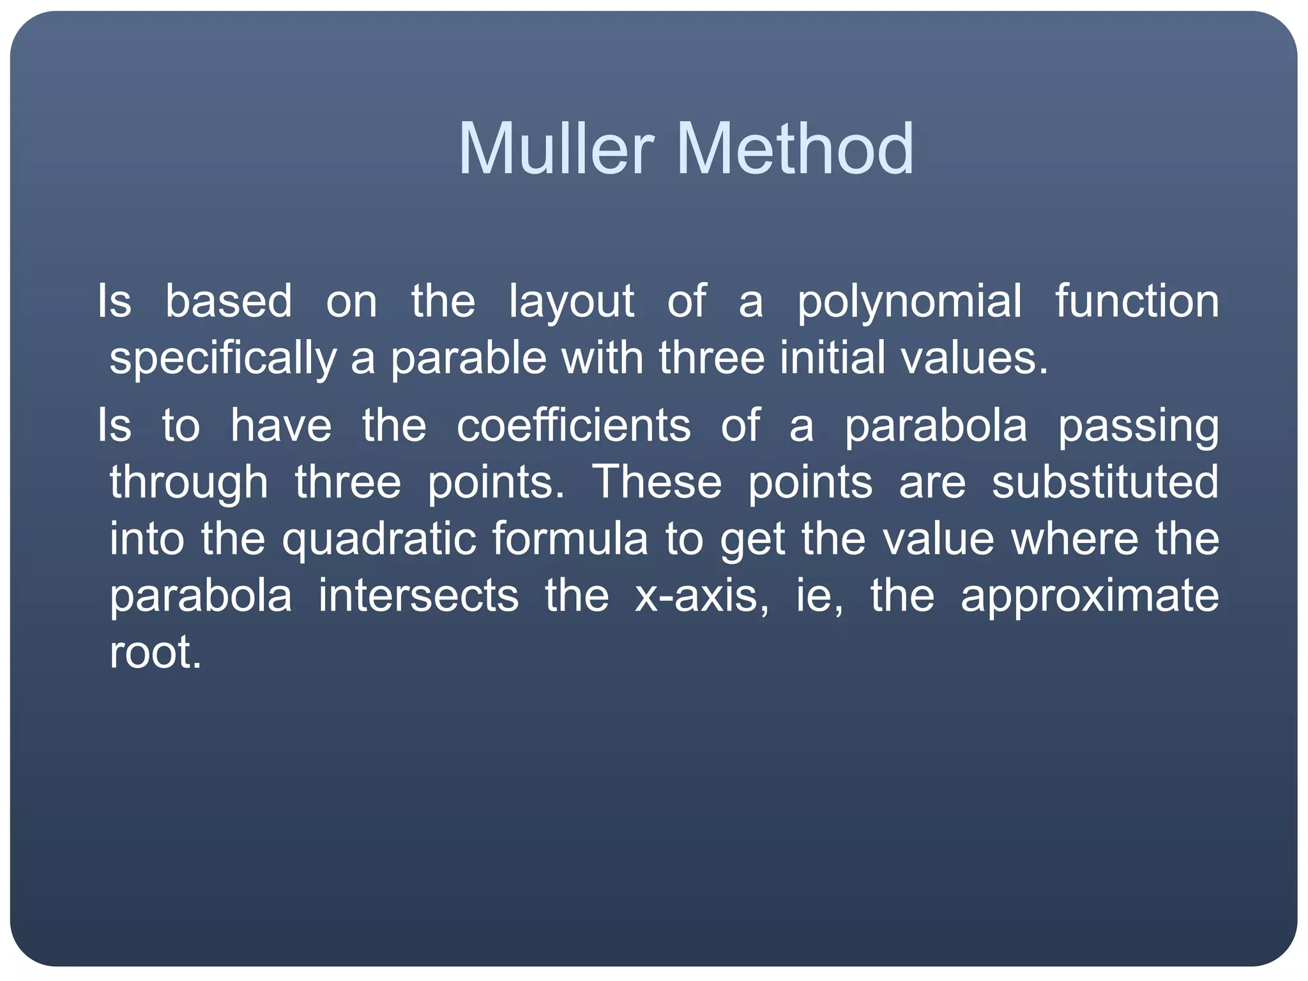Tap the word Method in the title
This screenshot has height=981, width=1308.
pyautogui.click(x=795, y=149)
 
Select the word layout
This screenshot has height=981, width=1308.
pyautogui.click(x=571, y=301)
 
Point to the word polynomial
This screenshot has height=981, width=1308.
pyautogui.click(x=909, y=301)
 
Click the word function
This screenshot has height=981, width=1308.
pyautogui.click(x=1136, y=301)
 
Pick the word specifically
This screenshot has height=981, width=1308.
pyautogui.click(x=222, y=358)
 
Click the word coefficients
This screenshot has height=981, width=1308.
pyautogui.click(x=574, y=426)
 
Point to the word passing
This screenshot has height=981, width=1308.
pyautogui.click(x=1138, y=426)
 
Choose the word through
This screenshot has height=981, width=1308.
pyautogui.click(x=188, y=483)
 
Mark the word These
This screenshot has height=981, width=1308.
pyautogui.click(x=657, y=483)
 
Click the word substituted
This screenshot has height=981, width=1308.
pyautogui.click(x=1105, y=483)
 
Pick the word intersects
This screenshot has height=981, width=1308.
pyautogui.click(x=418, y=596)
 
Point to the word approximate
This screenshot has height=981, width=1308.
pyautogui.click(x=1090, y=596)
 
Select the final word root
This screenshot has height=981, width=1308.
pyautogui.click(x=155, y=653)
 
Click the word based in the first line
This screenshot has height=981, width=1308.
pyautogui.click(x=229, y=301)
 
